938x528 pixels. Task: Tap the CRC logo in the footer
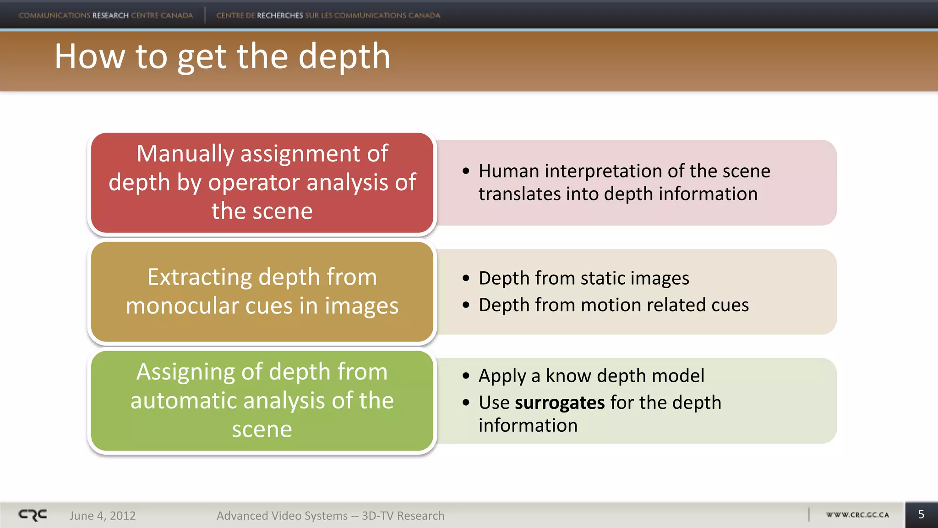point(33,515)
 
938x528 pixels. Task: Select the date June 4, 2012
point(103,516)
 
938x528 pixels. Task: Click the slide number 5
point(921,515)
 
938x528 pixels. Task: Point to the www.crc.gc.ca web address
point(857,515)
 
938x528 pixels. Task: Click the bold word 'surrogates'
point(560,403)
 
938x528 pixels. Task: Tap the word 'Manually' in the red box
point(185,154)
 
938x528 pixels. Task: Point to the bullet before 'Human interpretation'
point(466,171)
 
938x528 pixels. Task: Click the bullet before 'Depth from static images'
point(466,278)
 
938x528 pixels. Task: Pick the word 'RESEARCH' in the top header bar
point(110,15)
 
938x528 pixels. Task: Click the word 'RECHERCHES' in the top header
point(280,15)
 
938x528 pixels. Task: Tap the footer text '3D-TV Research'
point(403,516)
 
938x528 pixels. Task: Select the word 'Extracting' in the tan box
point(200,277)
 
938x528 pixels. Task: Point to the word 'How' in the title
point(90,57)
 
